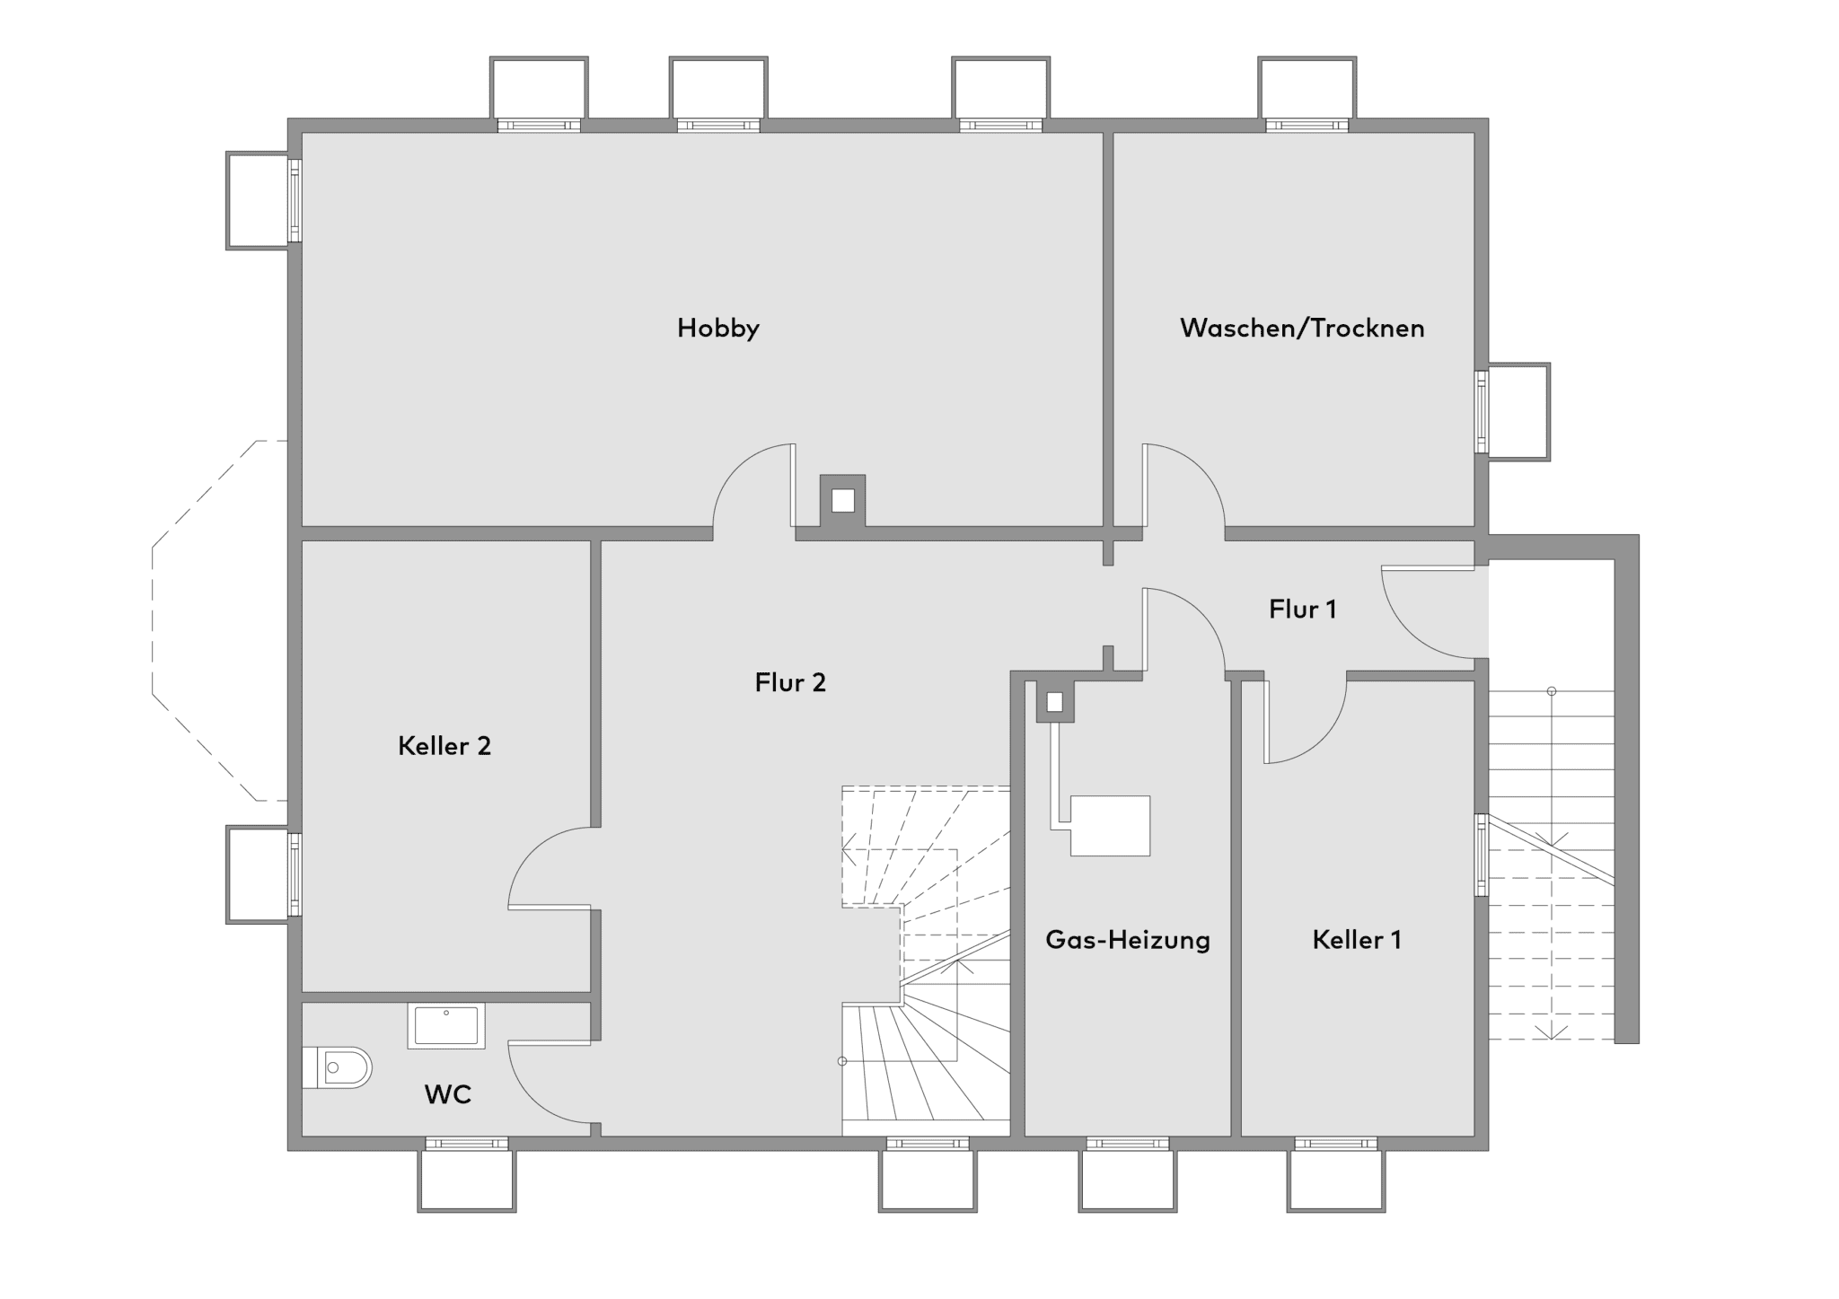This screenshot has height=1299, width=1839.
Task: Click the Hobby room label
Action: (x=717, y=328)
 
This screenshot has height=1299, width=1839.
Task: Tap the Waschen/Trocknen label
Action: (x=1302, y=328)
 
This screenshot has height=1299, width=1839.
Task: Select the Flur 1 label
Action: (x=1302, y=610)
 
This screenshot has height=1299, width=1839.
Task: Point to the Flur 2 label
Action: (x=790, y=682)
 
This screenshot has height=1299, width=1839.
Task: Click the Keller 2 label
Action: (x=444, y=746)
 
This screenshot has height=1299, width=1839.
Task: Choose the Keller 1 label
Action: (x=1356, y=940)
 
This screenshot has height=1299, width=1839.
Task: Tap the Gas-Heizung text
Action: (x=1128, y=940)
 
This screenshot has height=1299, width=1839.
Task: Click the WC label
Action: (x=447, y=1094)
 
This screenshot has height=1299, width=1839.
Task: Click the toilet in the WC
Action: (x=337, y=1067)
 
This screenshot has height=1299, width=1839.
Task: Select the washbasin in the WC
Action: (x=446, y=1025)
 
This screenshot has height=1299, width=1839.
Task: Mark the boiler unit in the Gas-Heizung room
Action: (x=1109, y=826)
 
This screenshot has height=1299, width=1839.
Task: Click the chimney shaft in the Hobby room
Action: (x=842, y=500)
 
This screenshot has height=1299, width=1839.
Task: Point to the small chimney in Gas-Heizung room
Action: (x=1055, y=702)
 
